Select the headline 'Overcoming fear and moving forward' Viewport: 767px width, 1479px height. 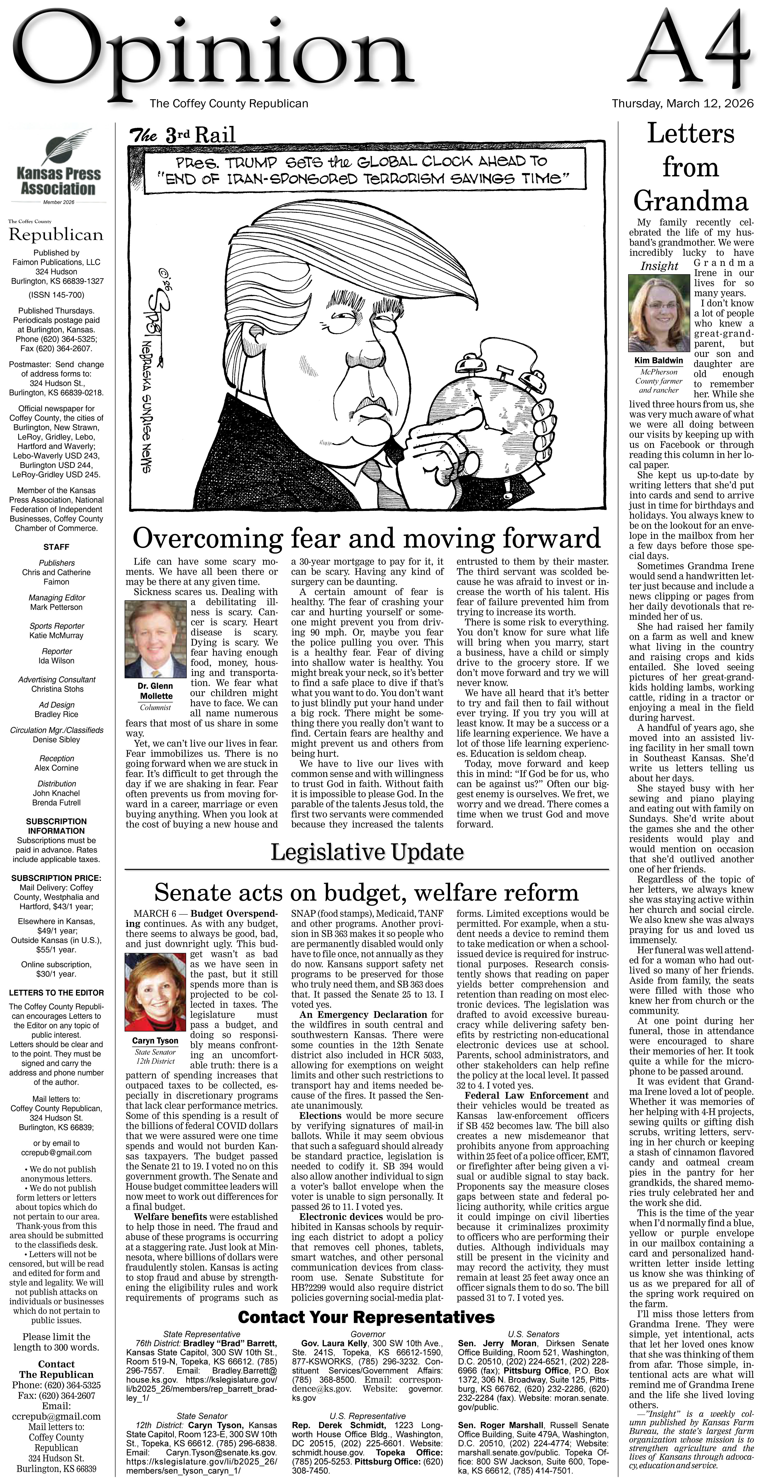pyautogui.click(x=366, y=539)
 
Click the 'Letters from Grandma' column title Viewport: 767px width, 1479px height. pyautogui.click(x=691, y=168)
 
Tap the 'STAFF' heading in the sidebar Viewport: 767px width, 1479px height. pyautogui.click(x=56, y=547)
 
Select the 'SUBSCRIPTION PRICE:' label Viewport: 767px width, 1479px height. pyautogui.click(x=56, y=878)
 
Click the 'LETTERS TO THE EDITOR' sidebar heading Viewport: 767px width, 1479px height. pyautogui.click(x=56, y=993)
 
